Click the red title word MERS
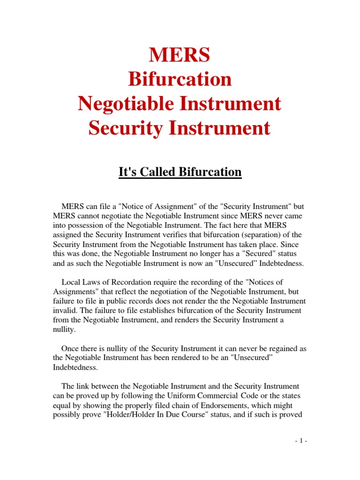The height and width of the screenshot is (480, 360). point(180,56)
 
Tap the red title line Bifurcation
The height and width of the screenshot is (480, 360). point(180,79)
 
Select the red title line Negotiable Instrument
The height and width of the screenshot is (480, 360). point(180,104)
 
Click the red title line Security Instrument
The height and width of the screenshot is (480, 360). point(180,128)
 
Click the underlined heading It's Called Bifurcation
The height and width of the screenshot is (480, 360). point(180,172)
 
